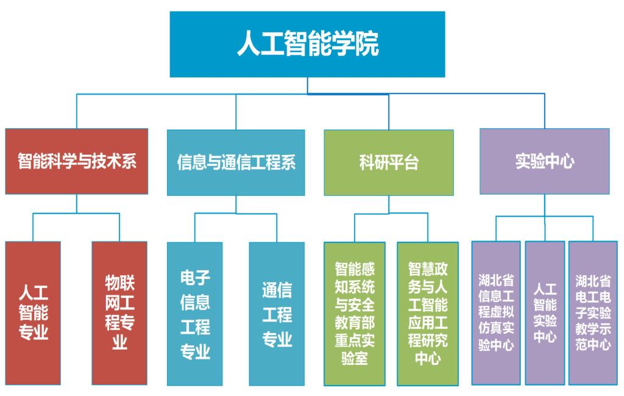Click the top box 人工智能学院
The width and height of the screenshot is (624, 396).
[307, 44]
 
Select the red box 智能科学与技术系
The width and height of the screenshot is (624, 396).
[77, 161]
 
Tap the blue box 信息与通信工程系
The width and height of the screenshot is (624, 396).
[236, 162]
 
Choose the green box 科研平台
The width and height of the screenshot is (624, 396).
[389, 162]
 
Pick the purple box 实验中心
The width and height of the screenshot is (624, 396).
[544, 161]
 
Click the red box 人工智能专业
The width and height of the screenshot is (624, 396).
[34, 313]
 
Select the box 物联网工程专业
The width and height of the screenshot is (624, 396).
[119, 313]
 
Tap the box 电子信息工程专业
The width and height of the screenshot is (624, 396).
[195, 314]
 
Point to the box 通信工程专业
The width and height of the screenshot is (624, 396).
[277, 314]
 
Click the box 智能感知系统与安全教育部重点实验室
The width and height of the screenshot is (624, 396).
[355, 314]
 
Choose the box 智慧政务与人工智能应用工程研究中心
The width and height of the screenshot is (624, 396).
[428, 314]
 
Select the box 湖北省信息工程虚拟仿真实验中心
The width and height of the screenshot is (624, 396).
[496, 313]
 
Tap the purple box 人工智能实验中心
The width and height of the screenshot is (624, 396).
[545, 313]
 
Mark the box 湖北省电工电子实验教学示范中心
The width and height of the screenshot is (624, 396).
[593, 313]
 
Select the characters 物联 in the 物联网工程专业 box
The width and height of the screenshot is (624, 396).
[119, 283]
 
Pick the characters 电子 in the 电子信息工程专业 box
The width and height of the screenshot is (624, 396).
[195, 278]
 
